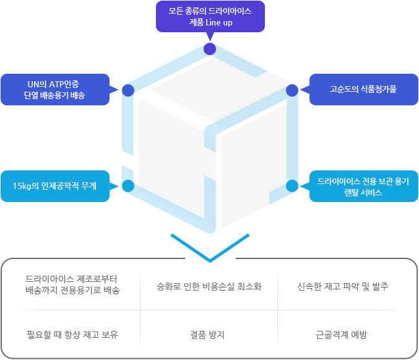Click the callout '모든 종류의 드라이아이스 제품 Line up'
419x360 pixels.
click(x=209, y=17)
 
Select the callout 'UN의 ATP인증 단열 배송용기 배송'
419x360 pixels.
click(x=55, y=89)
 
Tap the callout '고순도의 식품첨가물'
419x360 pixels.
click(x=363, y=89)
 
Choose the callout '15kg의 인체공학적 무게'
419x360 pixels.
click(x=55, y=186)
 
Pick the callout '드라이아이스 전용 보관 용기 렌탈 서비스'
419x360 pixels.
click(x=363, y=186)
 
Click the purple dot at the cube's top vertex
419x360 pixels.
click(x=210, y=49)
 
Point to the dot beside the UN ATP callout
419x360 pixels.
click(x=128, y=90)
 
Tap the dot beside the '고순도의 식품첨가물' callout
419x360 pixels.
click(x=292, y=90)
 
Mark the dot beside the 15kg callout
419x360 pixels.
click(x=128, y=185)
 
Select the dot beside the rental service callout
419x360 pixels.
click(x=292, y=185)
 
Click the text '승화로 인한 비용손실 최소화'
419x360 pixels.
click(x=209, y=287)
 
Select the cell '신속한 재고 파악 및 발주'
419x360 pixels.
click(x=342, y=287)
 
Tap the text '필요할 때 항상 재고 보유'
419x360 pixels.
click(x=72, y=335)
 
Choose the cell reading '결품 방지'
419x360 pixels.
click(x=207, y=335)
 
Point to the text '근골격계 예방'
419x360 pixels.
click(x=342, y=335)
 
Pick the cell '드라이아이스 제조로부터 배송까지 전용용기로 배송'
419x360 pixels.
click(x=72, y=284)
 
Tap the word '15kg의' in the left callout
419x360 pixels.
click(x=27, y=186)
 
